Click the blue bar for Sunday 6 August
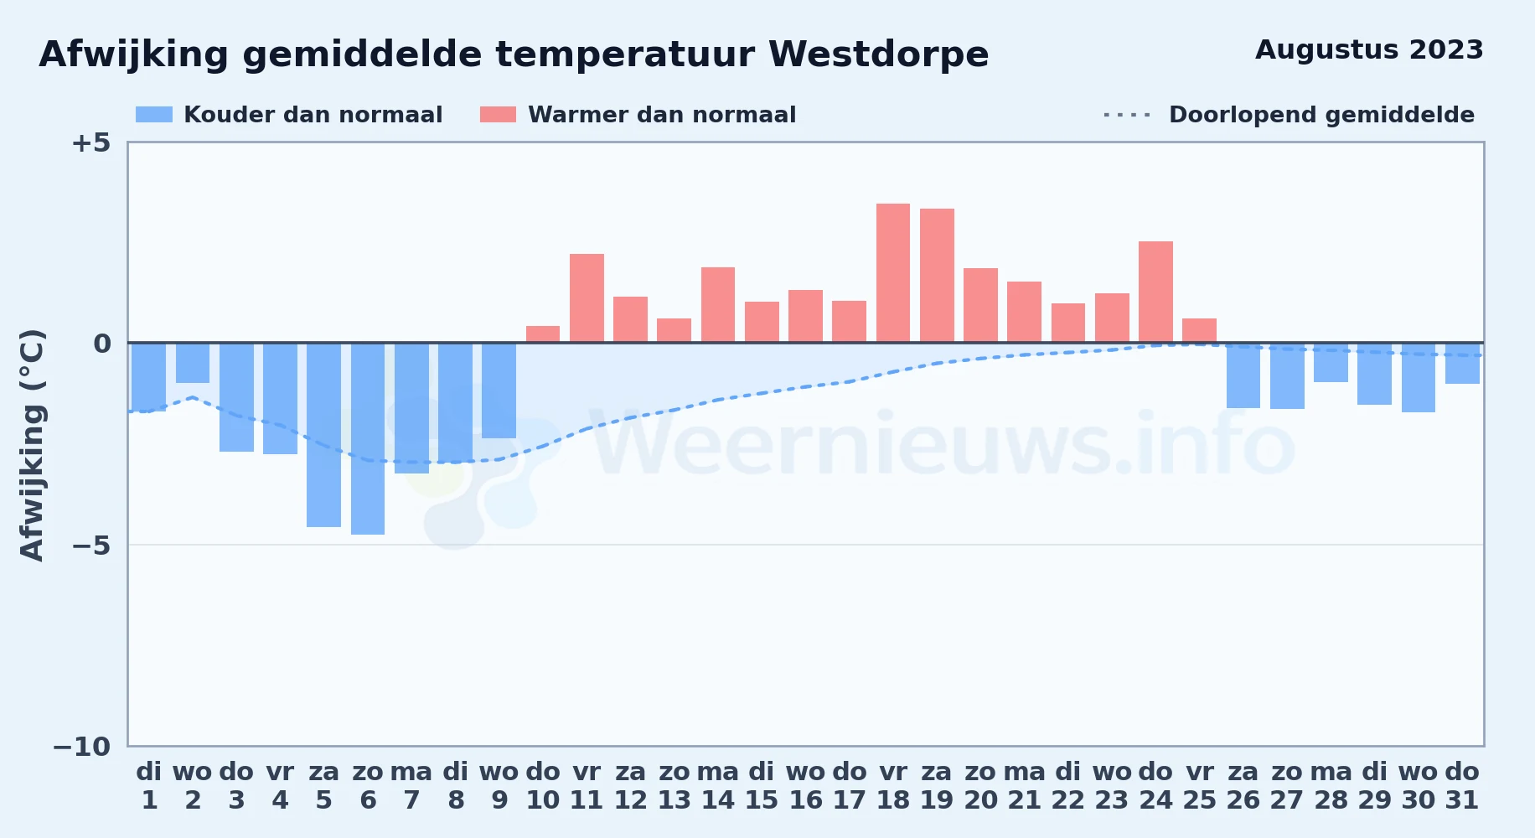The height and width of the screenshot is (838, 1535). (368, 438)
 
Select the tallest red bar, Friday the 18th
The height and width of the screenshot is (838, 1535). (893, 273)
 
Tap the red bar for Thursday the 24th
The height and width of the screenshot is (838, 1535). (1155, 292)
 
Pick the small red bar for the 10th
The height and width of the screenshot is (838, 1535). (543, 334)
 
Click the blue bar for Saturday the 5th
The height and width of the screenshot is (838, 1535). (324, 435)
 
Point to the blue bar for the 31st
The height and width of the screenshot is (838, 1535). (1462, 363)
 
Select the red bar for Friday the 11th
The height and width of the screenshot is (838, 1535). (587, 298)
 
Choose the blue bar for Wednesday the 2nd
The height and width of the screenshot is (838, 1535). (193, 363)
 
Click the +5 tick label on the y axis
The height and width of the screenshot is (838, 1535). (90, 142)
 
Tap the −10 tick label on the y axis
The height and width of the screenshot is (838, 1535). (81, 747)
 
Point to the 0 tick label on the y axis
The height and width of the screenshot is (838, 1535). (102, 344)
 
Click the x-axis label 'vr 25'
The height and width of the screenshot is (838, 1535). (1200, 786)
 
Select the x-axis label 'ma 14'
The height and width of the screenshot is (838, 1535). (718, 786)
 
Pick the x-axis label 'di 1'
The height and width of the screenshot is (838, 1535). (149, 786)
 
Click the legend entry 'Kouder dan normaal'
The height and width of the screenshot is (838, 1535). (289, 115)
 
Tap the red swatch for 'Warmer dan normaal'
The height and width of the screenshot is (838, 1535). (498, 115)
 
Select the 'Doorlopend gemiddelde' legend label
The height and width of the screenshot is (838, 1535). (1321, 115)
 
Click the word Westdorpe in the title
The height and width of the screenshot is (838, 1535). (878, 54)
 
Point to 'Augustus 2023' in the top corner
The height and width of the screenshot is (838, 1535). (1369, 50)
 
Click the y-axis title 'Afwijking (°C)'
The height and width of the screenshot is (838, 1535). (32, 445)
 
